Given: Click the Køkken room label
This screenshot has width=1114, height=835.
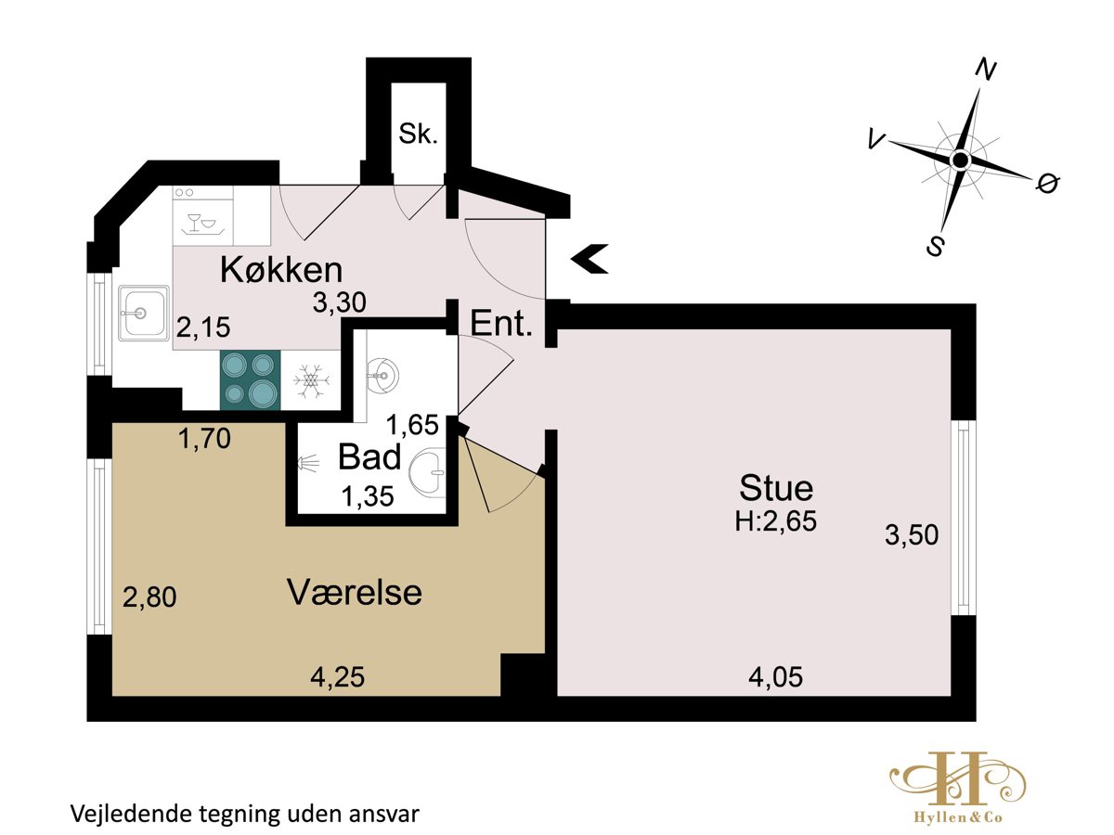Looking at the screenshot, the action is [x=281, y=270].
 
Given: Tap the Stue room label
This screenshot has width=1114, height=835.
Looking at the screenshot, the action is [x=776, y=488].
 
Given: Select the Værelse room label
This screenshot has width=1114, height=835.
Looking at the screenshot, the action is [x=355, y=592].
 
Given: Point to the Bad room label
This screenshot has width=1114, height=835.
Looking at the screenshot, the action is [x=369, y=456].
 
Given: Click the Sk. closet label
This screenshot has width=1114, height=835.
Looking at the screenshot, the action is [x=418, y=135].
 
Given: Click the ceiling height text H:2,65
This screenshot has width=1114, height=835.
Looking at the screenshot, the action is [x=775, y=520].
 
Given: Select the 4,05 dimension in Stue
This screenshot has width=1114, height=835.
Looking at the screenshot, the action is [x=775, y=677].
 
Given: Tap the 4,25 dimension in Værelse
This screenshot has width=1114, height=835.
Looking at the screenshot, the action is [x=338, y=677].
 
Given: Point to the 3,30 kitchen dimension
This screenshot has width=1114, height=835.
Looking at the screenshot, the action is [x=339, y=302].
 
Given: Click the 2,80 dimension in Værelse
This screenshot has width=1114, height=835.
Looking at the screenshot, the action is [x=149, y=597].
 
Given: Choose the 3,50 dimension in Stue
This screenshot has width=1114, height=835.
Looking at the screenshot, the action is [x=912, y=535].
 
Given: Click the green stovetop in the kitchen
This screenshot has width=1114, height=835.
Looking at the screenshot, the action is [x=251, y=379].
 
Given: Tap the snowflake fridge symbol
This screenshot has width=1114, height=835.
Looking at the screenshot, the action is [x=311, y=380].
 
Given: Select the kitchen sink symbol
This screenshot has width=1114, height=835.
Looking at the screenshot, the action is [x=144, y=313].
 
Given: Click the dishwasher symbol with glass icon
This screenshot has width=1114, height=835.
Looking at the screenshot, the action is [x=203, y=216].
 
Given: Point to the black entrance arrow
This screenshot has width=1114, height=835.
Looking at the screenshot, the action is [x=589, y=259].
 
